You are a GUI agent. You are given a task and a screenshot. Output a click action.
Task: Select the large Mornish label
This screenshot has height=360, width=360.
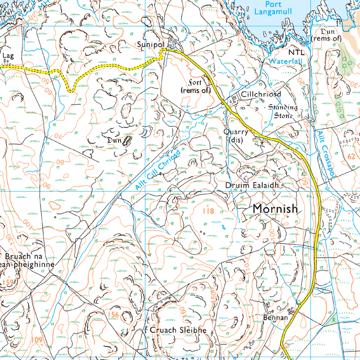pos(275,209)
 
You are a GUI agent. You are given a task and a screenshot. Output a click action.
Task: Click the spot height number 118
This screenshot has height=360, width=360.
pos(207,211)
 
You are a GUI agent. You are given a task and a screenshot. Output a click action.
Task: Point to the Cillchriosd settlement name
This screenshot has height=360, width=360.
pos(261,95)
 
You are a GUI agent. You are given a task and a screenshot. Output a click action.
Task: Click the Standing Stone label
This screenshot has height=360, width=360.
pos(283,111)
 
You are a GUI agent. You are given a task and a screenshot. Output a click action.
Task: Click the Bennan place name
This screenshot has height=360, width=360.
pos(275,318)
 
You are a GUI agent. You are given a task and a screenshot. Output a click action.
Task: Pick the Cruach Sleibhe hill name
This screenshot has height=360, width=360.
pos(177,330)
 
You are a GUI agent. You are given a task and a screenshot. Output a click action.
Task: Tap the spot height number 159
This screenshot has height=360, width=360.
pos(8,282)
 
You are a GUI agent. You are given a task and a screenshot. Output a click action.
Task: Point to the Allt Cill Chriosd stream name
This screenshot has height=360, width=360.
pos(156,170)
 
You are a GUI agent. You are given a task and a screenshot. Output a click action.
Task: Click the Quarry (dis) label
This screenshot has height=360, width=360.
pos(236,135)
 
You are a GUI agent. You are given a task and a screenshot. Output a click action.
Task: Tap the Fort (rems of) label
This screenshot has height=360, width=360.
pos(196,87)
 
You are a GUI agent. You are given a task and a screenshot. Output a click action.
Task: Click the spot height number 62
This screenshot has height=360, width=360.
pos(352,156)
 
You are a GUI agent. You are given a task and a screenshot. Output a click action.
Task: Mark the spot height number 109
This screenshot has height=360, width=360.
pos(37,340)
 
